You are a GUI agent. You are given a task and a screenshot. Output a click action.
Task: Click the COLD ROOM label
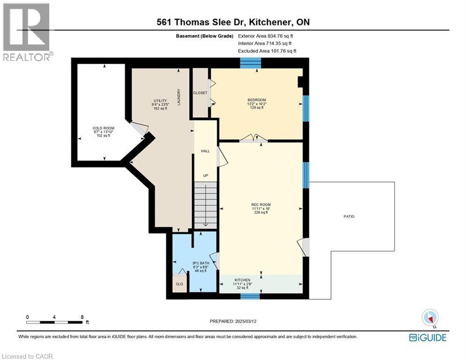tap(103, 128)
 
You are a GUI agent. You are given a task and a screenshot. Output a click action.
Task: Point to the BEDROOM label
tap(257, 100)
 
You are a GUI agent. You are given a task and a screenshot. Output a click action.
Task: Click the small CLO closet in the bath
tap(179, 284)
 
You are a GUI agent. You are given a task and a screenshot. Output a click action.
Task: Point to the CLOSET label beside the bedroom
tap(200, 93)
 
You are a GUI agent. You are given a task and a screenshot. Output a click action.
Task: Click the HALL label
tap(205, 151)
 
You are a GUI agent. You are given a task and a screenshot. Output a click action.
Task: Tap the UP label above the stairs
tap(205, 176)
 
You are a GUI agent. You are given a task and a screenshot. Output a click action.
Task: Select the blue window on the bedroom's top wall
tap(250, 63)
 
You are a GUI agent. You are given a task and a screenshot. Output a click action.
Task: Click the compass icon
tap(429, 318)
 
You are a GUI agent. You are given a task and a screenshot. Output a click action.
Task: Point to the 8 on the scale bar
tap(82, 317)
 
